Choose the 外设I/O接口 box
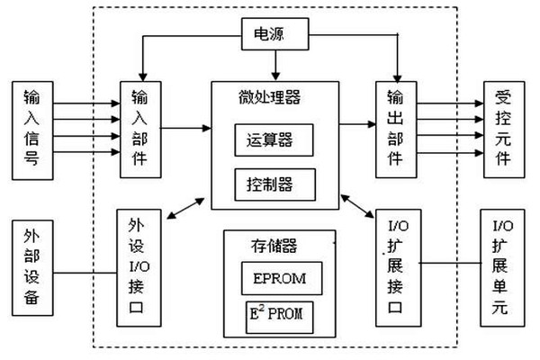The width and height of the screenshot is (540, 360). coord(140,267)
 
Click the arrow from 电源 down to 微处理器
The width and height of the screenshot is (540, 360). coord(276,65)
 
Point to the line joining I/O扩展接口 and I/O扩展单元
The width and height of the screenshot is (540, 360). coord(449,264)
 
